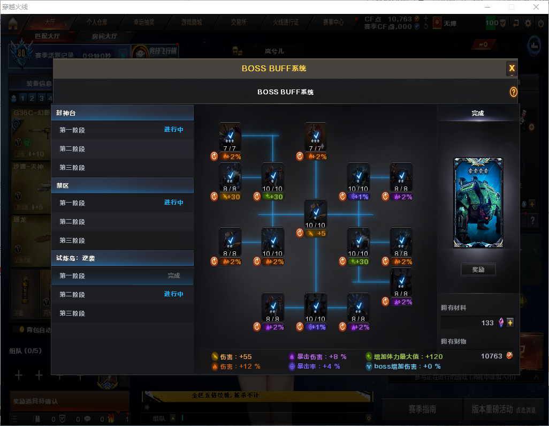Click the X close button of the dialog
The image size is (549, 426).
tap(512, 68)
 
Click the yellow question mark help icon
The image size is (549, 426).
tap(513, 92)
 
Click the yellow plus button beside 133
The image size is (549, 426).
tap(510, 323)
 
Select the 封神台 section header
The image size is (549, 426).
tap(122, 113)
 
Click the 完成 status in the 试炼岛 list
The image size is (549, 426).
tap(174, 275)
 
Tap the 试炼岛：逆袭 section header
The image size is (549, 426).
tap(122, 258)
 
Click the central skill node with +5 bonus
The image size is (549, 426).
tap(316, 214)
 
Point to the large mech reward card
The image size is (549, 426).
tap(478, 203)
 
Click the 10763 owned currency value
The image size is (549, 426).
tap(491, 356)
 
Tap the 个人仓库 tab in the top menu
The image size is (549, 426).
tap(97, 23)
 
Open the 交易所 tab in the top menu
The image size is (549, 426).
tap(239, 23)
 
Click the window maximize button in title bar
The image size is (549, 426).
tap(511, 7)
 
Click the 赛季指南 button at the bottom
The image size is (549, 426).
tap(422, 409)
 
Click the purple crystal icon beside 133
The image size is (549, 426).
tap(501, 323)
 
